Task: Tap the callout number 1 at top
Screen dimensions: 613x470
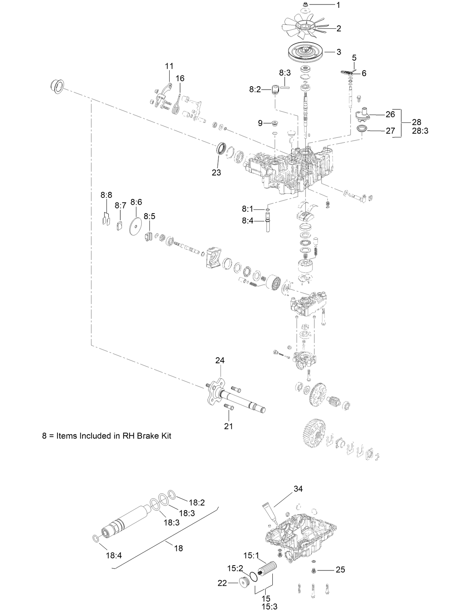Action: [338, 5]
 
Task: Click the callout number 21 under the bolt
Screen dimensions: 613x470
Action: [229, 426]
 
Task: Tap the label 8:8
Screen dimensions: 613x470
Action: [106, 195]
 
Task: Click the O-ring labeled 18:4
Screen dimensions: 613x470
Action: [96, 538]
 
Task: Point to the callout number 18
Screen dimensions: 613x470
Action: [179, 548]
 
